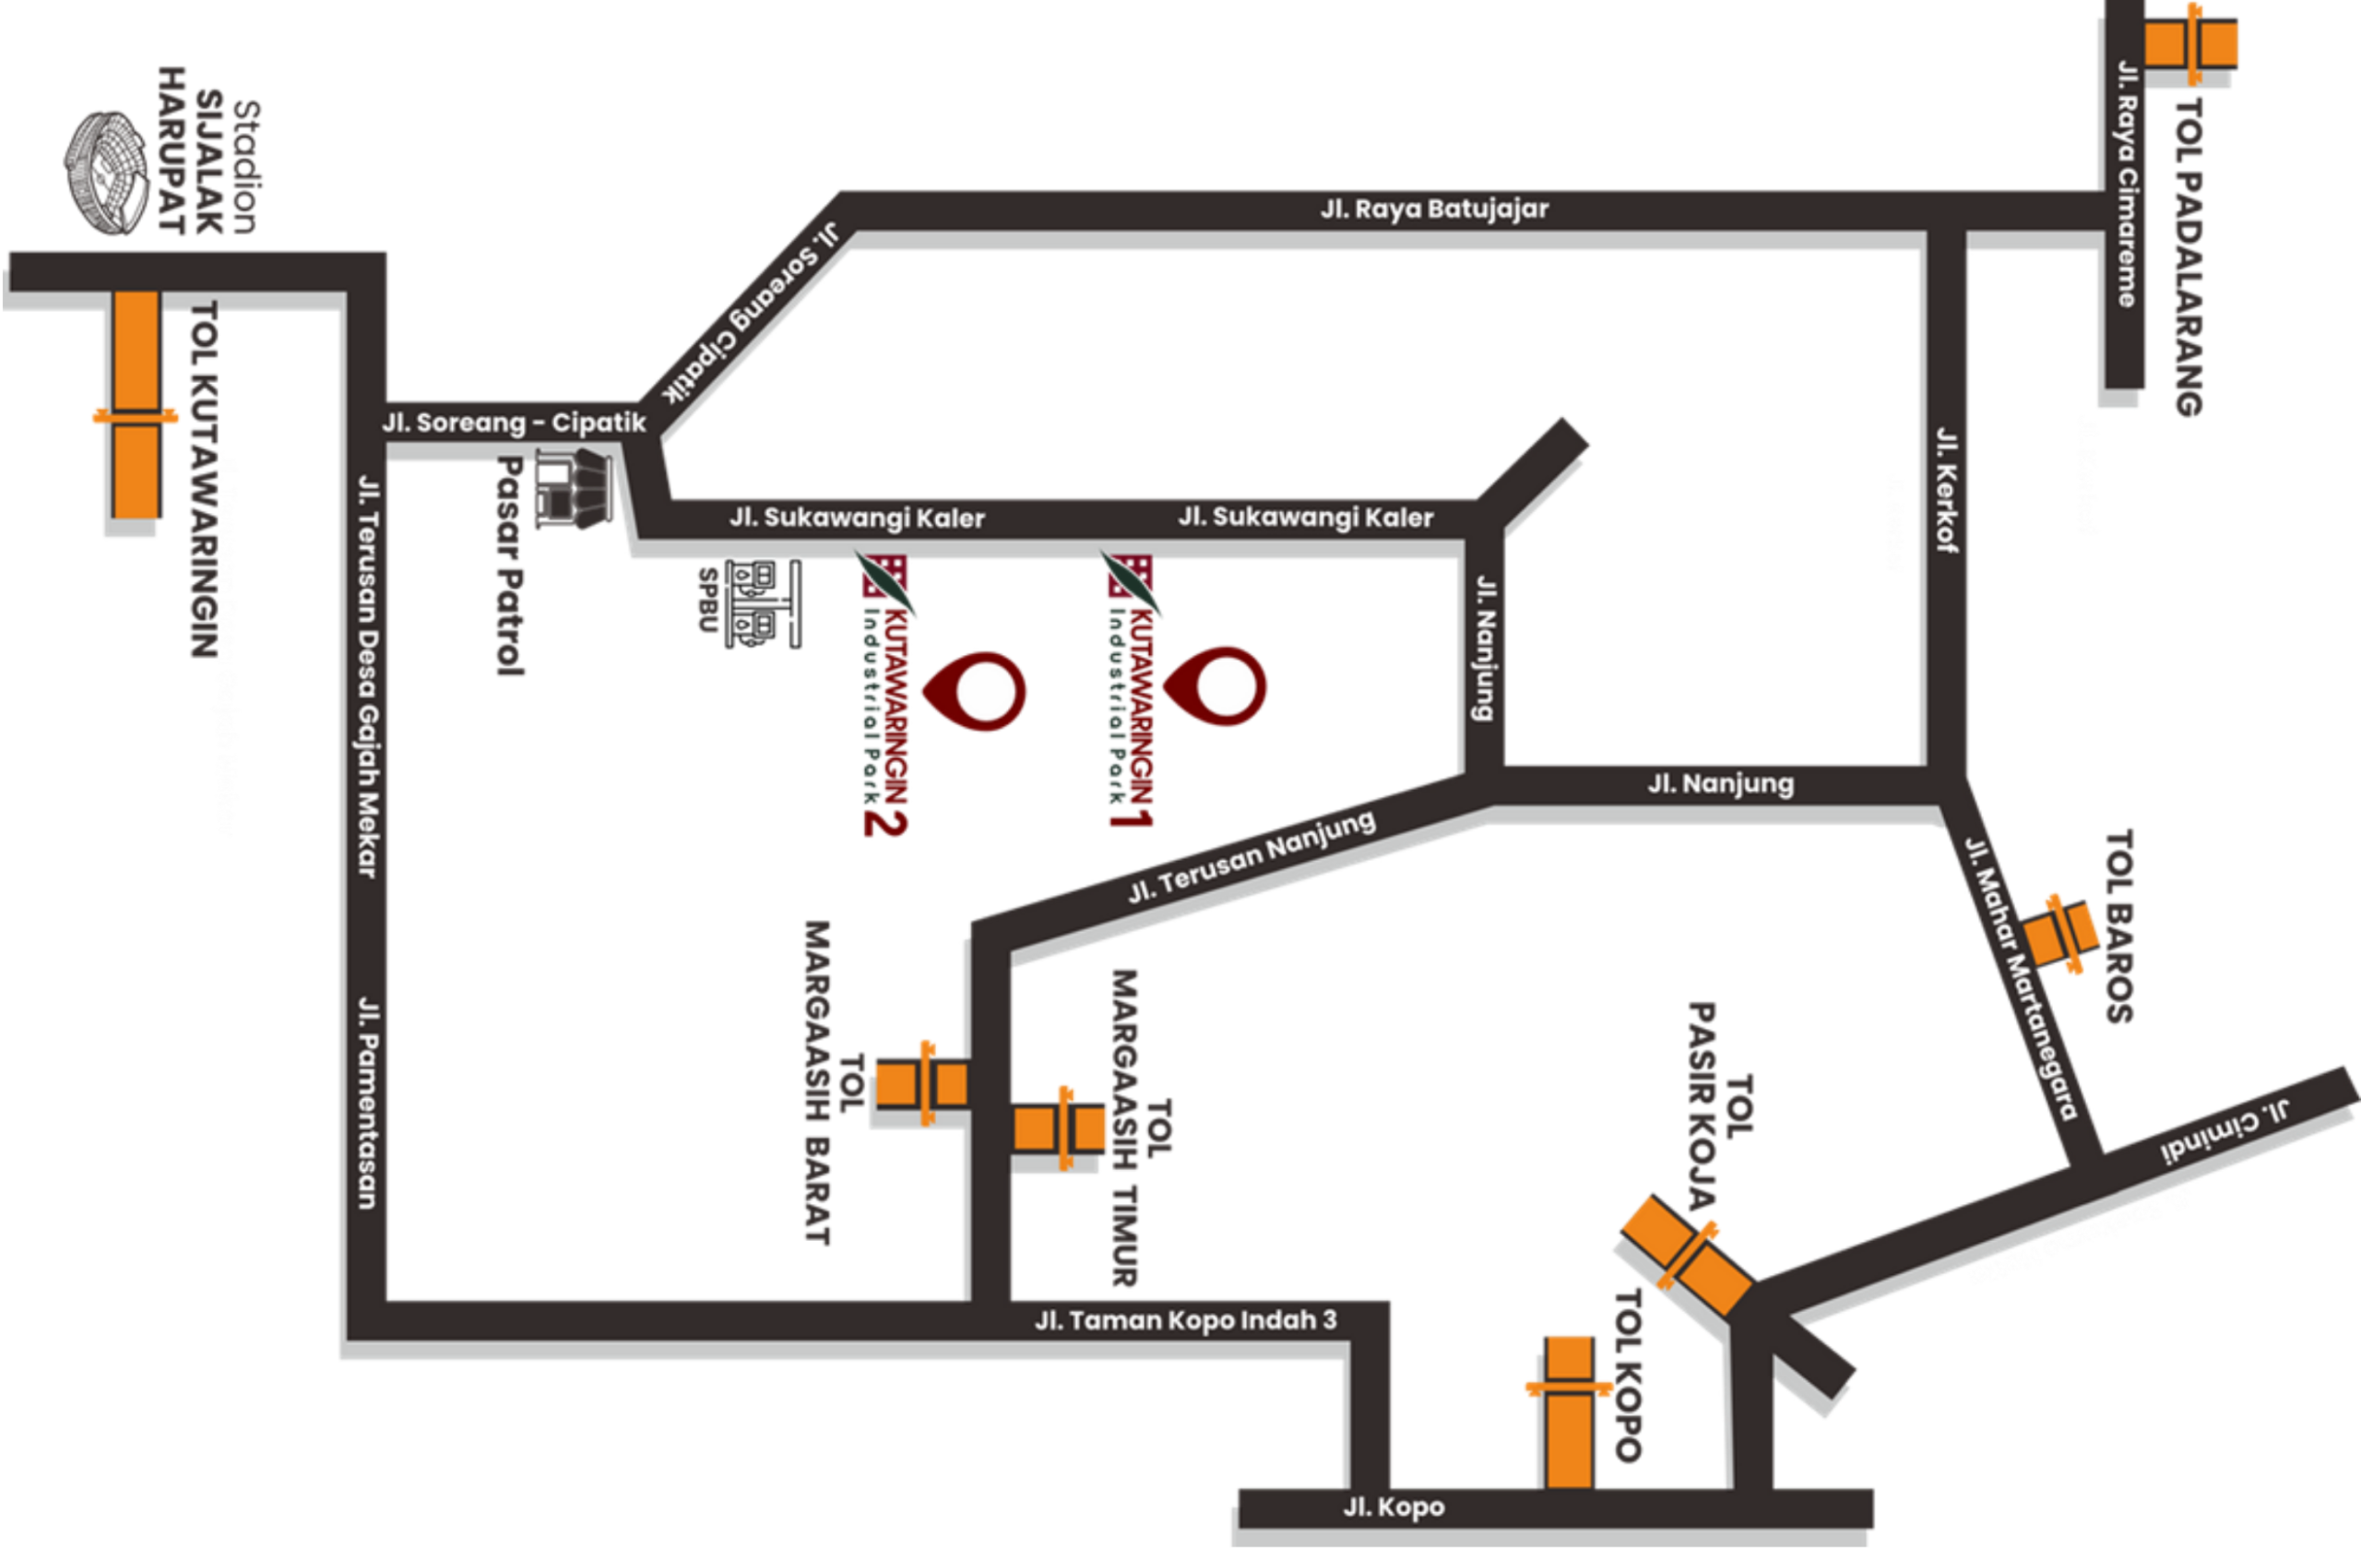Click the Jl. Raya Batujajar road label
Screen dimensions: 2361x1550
[1434, 209]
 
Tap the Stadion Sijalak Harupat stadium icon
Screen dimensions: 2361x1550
[108, 173]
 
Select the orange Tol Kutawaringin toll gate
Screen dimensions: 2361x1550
[136, 404]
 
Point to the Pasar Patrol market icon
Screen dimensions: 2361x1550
[574, 487]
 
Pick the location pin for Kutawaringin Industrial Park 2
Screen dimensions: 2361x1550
[974, 691]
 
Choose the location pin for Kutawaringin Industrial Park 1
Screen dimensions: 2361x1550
[1215, 686]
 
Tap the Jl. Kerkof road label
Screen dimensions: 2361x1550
[1947, 489]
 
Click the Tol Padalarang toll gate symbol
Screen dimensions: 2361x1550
[2190, 44]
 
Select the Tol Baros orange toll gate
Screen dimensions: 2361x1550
[2060, 934]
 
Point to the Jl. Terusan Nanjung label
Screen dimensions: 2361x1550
[1252, 857]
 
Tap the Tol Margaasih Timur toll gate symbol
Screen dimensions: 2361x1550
[1059, 1128]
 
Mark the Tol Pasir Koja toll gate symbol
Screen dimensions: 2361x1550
[1687, 1256]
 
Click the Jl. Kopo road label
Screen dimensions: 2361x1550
[1394, 1508]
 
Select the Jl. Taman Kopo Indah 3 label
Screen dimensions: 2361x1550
[1185, 1319]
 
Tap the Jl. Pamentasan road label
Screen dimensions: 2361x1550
[367, 1103]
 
